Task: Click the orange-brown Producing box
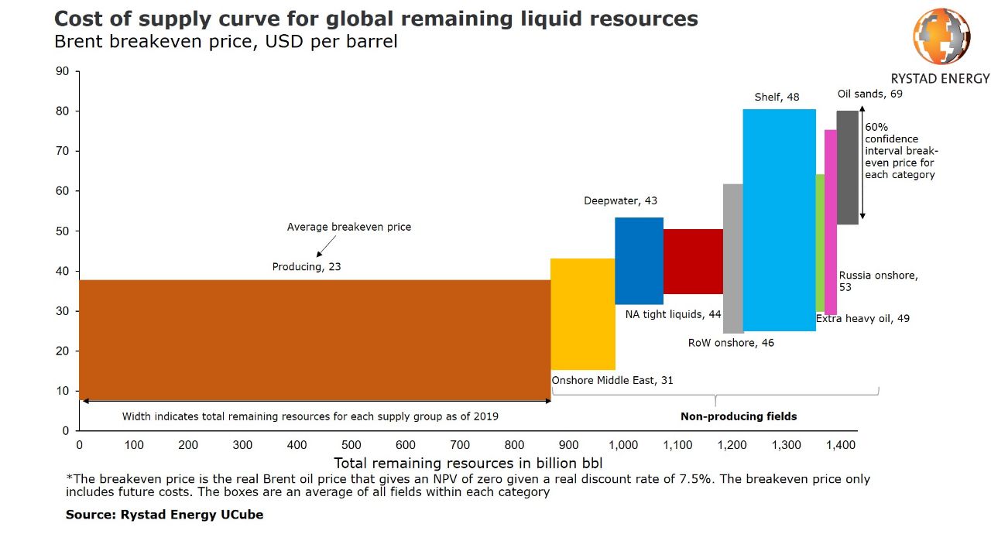coord(314,341)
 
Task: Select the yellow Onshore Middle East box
coord(582,313)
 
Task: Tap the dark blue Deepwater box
coord(639,261)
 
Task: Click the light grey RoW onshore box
coord(732,259)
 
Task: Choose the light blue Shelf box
coord(779,220)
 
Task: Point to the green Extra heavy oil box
coord(820,242)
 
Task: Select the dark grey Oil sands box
coord(847,167)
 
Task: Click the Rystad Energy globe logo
coord(941,36)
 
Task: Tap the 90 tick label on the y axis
coord(63,72)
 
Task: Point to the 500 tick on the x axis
coord(351,445)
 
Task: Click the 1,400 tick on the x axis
coord(841,445)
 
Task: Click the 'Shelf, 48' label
coord(777,98)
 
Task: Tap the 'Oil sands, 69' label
coord(869,94)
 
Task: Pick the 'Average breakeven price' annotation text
coord(349,228)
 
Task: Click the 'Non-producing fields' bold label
coord(739,416)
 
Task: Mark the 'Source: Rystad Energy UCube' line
coord(164,515)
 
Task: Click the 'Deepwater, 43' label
coord(620,201)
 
